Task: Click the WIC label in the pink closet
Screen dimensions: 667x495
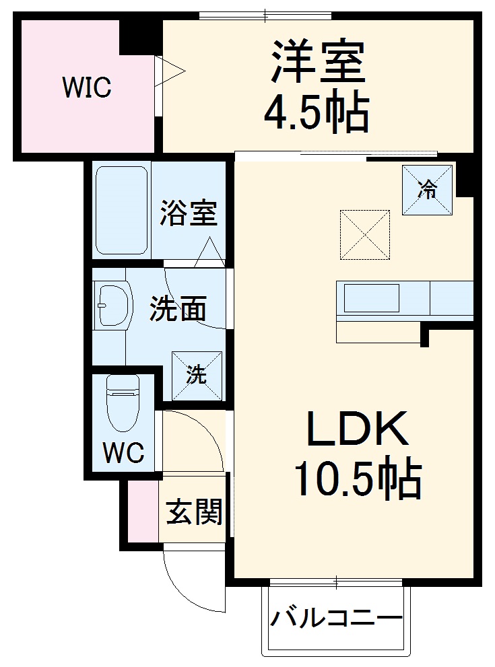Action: [87, 87]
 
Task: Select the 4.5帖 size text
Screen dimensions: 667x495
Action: [316, 112]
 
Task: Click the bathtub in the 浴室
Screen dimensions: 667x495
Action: [121, 210]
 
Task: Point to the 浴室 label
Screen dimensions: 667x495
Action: [188, 213]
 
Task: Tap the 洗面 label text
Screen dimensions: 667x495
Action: [177, 309]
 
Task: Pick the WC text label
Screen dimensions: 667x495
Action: [123, 452]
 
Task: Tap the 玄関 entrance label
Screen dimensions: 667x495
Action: [194, 514]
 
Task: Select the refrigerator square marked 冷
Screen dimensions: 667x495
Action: [427, 190]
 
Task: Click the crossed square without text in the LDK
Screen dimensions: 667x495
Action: [365, 234]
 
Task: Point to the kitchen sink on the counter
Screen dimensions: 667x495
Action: [371, 298]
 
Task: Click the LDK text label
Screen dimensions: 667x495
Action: [358, 429]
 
